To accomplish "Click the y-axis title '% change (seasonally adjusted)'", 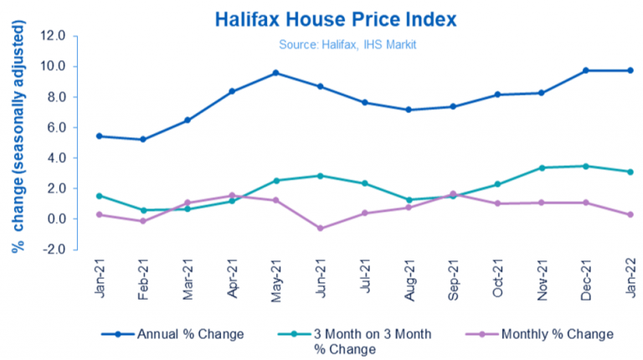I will [x=18, y=142].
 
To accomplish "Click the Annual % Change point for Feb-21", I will [x=143, y=139].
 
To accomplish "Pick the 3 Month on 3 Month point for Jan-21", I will [x=100, y=196].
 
